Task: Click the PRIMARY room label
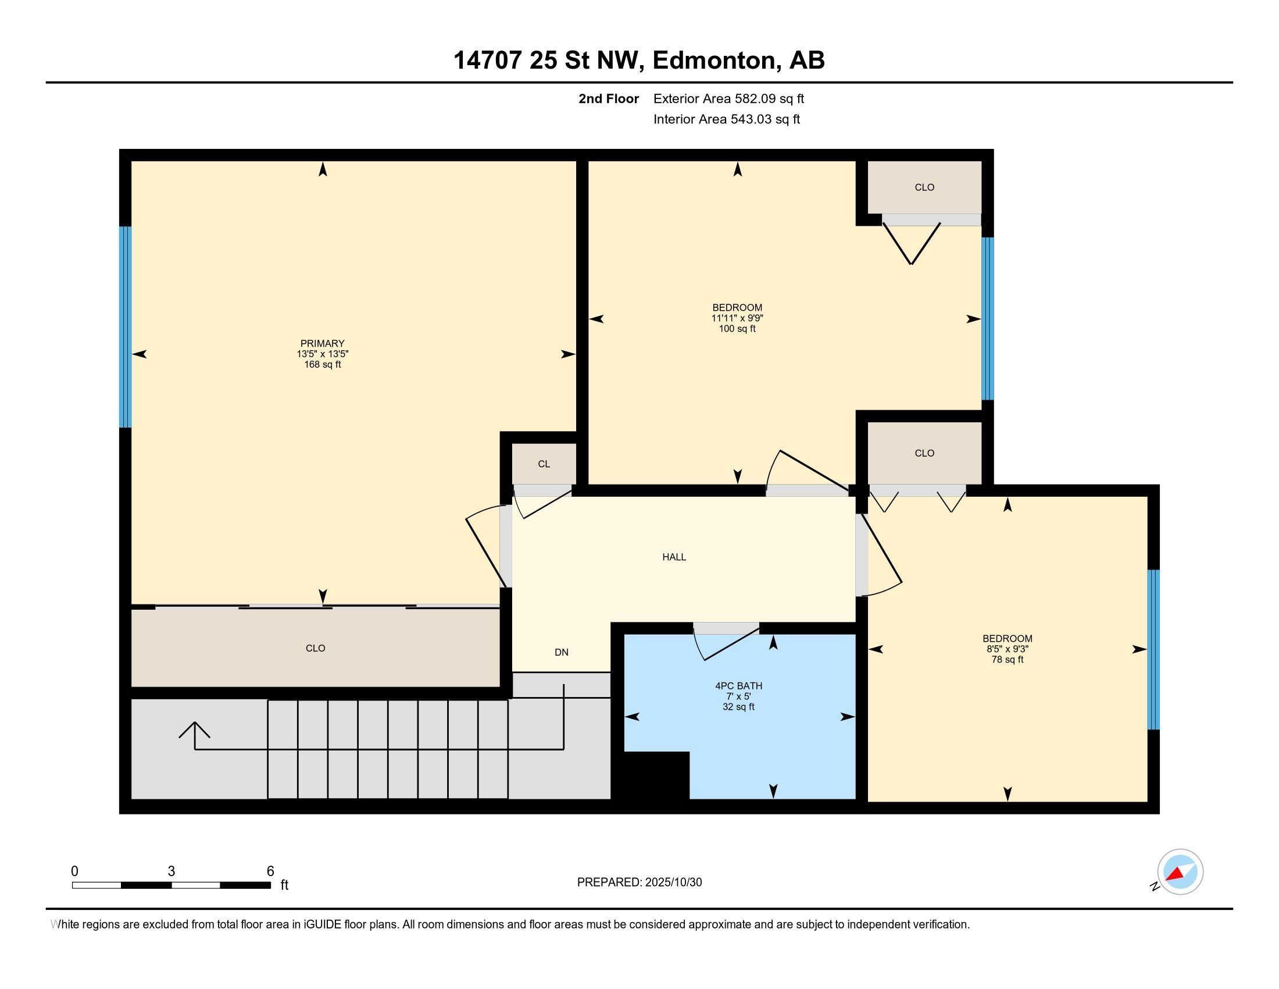pos(322,343)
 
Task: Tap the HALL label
pos(674,557)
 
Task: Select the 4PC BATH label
pos(738,685)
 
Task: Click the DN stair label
pos(561,652)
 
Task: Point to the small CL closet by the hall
pos(544,464)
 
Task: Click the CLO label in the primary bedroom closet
pos(315,648)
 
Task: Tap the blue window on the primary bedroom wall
pos(125,327)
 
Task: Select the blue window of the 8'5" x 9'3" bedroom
pos(1153,649)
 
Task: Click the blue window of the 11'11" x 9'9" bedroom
pos(987,319)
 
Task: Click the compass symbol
pos(1180,871)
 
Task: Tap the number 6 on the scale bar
pos(270,871)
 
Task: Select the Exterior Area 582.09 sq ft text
pos(728,98)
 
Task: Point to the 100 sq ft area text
pos(737,329)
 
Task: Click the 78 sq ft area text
pos(1008,659)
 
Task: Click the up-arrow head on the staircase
pos(194,730)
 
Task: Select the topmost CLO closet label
pos(924,187)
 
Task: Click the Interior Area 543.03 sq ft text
pos(726,119)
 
